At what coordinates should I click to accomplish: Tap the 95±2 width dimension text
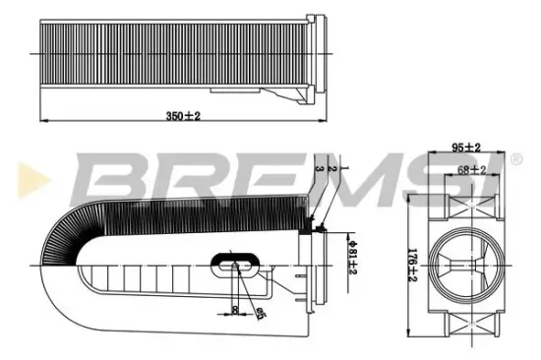point(465,149)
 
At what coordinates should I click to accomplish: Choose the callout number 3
point(318,183)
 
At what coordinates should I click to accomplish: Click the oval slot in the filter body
point(237,264)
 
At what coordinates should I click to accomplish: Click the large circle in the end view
point(464,261)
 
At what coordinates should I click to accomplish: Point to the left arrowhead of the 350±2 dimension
point(39,123)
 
